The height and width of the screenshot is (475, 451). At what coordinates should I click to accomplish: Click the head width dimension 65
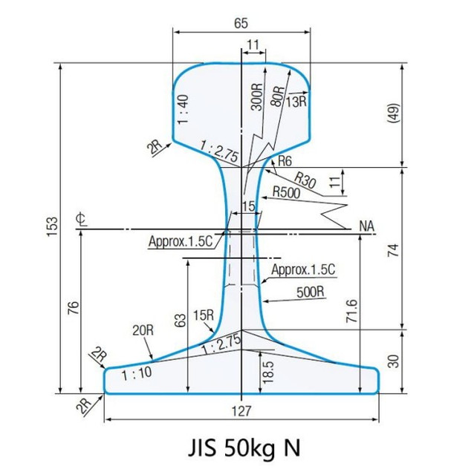(241, 23)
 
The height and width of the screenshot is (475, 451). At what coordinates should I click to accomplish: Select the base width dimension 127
(242, 410)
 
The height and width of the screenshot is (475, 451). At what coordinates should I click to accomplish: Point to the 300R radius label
(256, 96)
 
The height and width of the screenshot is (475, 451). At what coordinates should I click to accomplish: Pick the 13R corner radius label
(296, 101)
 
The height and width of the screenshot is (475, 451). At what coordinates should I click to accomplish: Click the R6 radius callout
(285, 161)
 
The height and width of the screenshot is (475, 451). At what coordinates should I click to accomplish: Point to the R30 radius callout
(305, 177)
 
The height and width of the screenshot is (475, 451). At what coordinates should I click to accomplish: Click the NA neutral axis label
(366, 225)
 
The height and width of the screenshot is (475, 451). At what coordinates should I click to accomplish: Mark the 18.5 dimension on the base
(268, 372)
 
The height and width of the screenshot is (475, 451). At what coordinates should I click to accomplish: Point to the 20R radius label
(143, 329)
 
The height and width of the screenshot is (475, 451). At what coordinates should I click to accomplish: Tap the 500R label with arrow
(311, 292)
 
